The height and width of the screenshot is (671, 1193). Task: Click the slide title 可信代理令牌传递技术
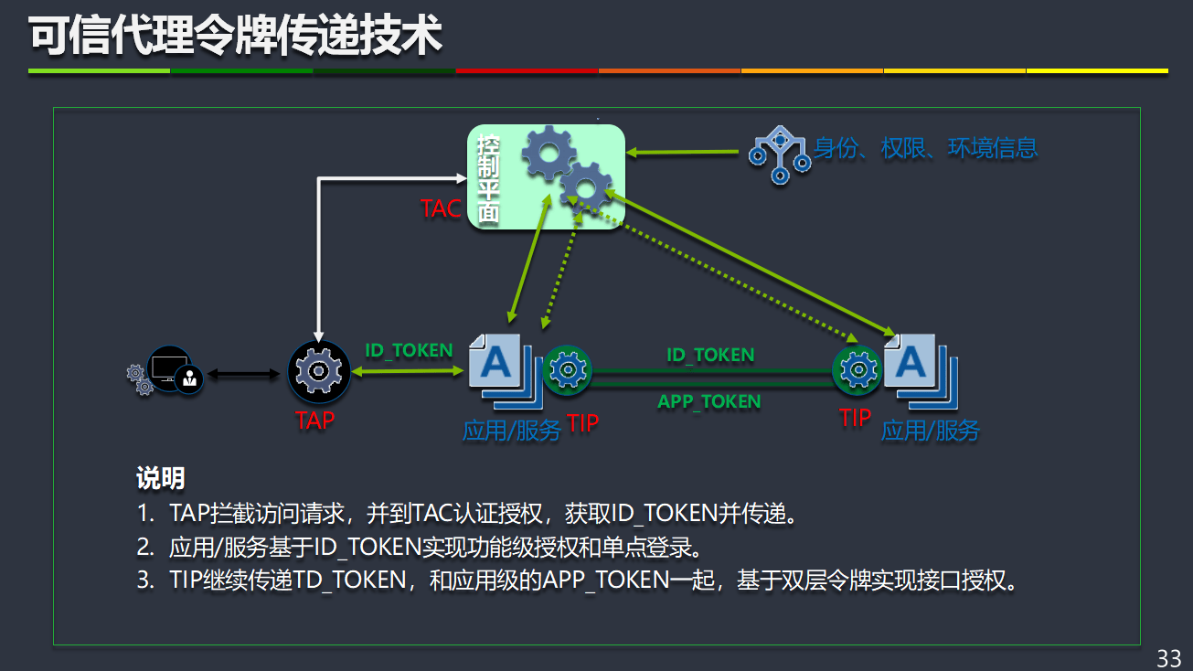click(x=236, y=37)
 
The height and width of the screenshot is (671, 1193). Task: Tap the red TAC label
click(x=441, y=208)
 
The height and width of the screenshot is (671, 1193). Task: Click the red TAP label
click(x=314, y=421)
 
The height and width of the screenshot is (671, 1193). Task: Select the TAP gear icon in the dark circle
click(x=319, y=371)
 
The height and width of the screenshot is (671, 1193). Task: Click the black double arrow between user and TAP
click(x=243, y=373)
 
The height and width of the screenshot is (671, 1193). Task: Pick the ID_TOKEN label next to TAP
click(x=409, y=350)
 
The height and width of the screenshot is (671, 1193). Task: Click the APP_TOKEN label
click(x=708, y=401)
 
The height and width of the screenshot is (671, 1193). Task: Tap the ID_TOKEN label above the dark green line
click(x=710, y=355)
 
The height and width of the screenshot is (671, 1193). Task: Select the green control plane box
click(x=546, y=176)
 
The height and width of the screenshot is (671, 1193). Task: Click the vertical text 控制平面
click(x=488, y=180)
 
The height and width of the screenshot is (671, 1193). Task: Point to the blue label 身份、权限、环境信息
click(x=925, y=148)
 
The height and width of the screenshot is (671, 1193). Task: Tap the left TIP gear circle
click(x=568, y=370)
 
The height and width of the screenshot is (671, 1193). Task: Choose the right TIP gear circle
click(x=857, y=370)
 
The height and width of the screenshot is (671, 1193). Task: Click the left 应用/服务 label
click(x=511, y=431)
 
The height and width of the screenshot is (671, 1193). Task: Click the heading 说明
click(x=160, y=477)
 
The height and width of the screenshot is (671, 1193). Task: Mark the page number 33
click(x=1168, y=657)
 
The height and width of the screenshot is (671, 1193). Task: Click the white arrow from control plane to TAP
click(x=318, y=247)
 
